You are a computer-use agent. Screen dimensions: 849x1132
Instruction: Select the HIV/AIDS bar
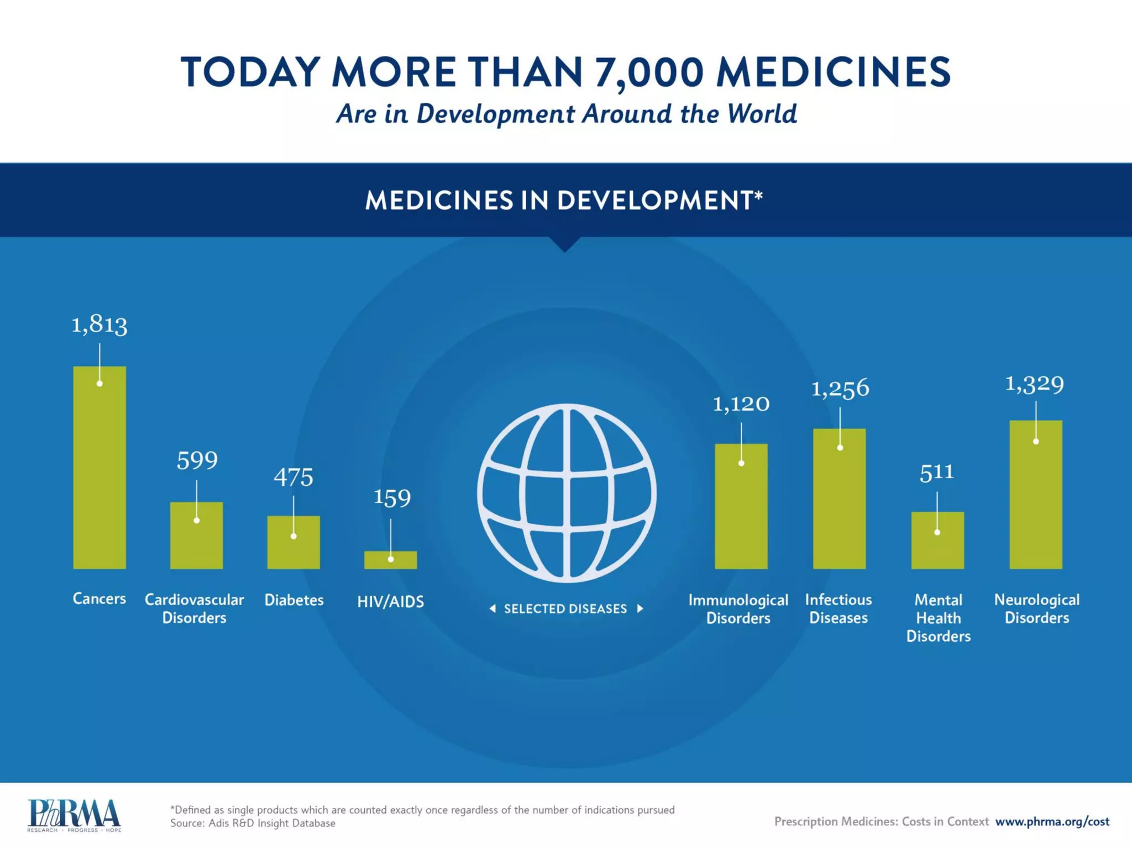click(x=390, y=560)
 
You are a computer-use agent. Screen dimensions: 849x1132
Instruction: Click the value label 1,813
click(x=99, y=324)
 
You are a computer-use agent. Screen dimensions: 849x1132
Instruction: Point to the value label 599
click(x=197, y=460)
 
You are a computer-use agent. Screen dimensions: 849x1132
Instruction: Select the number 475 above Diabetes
click(x=294, y=478)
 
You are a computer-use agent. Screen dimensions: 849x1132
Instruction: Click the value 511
click(x=937, y=473)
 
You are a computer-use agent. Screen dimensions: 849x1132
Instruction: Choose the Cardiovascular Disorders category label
click(x=194, y=609)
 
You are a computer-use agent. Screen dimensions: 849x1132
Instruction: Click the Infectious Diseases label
click(x=838, y=609)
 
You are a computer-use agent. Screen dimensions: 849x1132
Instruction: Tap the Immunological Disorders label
click(x=738, y=609)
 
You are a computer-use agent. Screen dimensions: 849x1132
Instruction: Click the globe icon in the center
click(x=567, y=493)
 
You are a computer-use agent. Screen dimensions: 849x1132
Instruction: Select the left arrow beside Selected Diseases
click(x=492, y=609)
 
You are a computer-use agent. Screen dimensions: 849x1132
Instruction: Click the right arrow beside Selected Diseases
click(x=640, y=609)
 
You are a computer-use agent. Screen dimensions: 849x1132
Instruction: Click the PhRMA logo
click(x=74, y=815)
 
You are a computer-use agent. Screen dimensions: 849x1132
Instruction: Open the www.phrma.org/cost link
click(x=1052, y=822)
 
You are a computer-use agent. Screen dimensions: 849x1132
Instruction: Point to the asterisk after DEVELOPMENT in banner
click(x=758, y=195)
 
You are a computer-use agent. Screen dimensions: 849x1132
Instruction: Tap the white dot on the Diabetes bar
click(x=294, y=536)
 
